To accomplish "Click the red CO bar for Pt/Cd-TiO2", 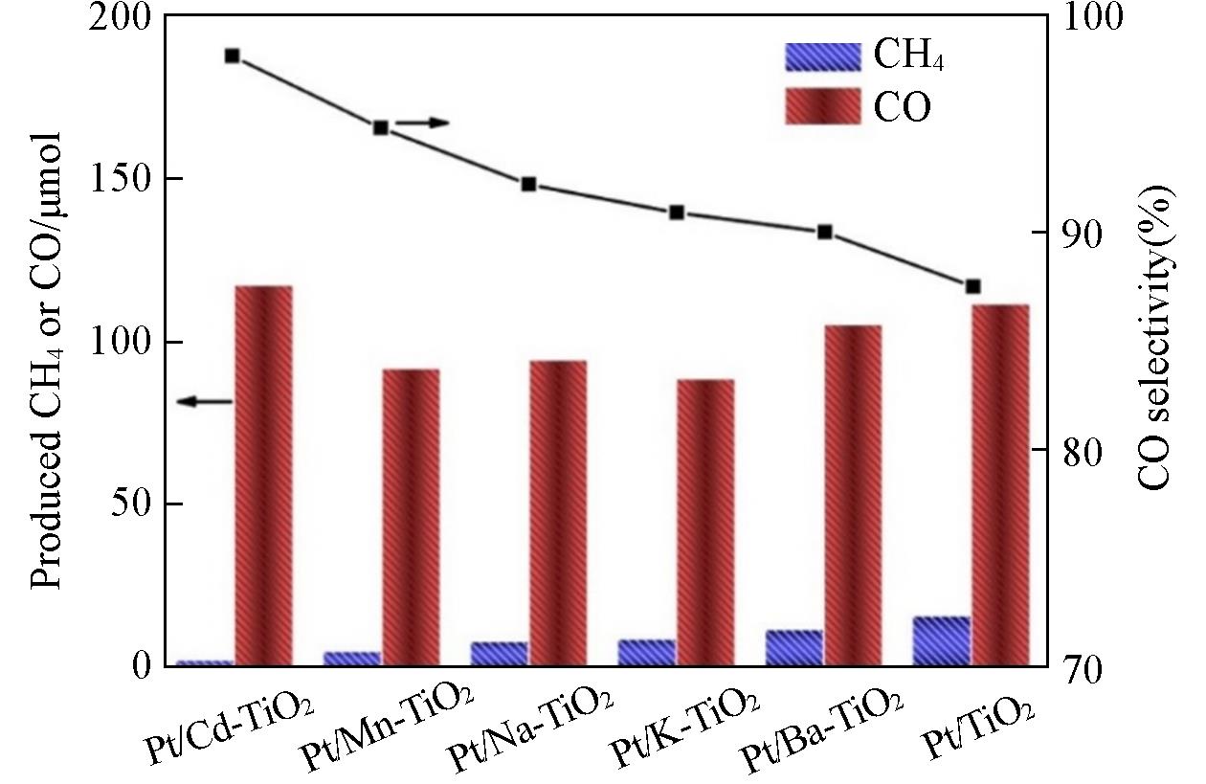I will point(263,475).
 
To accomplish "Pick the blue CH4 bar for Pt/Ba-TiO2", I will point(793,648).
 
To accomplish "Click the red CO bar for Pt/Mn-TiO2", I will point(411,517).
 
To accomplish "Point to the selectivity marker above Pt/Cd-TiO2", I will point(233,56).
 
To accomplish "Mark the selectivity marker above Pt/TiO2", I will point(973,286).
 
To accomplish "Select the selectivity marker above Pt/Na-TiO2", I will point(528,185).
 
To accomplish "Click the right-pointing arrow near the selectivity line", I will point(422,123).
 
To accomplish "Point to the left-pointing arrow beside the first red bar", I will point(205,402).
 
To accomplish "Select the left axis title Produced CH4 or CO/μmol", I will point(48,359).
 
